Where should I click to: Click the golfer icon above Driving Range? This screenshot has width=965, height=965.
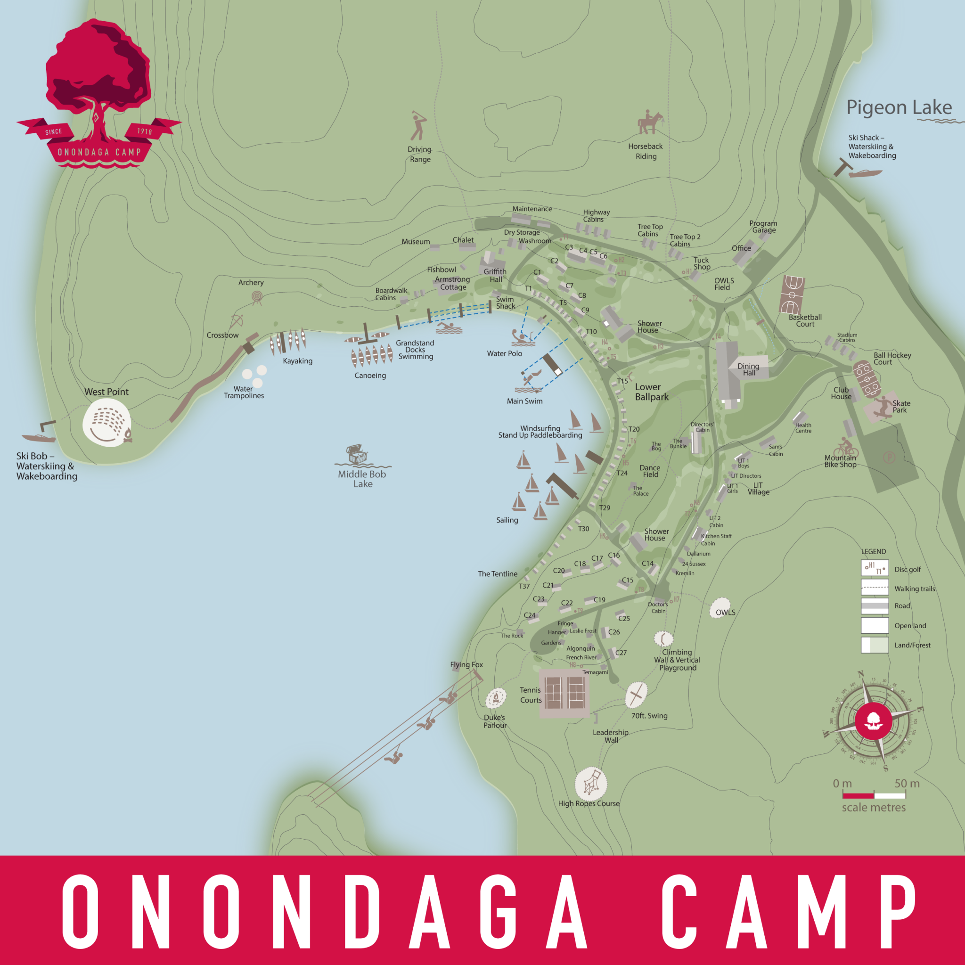418,126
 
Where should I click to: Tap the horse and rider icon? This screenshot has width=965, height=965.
650,123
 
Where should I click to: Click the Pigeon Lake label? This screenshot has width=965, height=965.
899,107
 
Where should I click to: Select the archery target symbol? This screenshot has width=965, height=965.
257,298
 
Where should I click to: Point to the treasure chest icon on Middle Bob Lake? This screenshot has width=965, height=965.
357,454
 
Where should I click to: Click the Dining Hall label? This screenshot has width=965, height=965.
748,369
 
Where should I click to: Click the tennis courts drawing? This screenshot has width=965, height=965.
564,693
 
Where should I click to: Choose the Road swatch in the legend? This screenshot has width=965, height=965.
875,606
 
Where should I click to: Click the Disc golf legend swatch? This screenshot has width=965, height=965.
875,568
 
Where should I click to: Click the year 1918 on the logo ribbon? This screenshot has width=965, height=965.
144,131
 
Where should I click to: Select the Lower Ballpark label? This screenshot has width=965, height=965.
651,392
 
